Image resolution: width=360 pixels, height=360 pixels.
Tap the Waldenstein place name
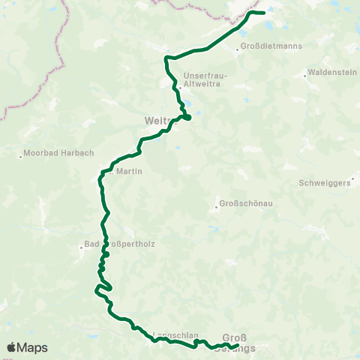pos(329,74)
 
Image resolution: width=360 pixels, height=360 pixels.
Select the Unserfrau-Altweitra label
pos(205,80)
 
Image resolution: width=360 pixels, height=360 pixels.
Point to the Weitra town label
pos(157,120)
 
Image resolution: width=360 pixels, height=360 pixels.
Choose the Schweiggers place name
pos(324,183)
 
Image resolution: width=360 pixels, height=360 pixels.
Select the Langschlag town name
pos(174,334)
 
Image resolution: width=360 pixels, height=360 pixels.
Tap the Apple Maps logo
pos(27,347)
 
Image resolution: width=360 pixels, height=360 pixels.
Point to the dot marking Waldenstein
pos(305,74)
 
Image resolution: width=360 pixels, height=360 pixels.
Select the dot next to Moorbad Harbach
pos(20,156)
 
